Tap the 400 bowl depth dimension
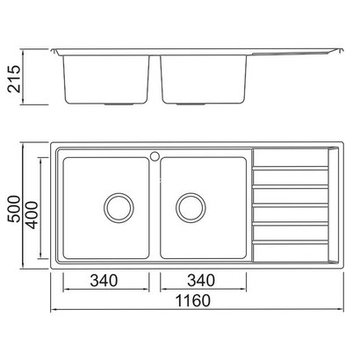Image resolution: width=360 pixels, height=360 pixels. click(x=32, y=208)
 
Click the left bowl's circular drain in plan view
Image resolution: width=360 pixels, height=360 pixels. click(x=117, y=207)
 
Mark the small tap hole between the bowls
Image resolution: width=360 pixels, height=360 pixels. click(x=154, y=159)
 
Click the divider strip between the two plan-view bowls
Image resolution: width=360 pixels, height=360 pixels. click(x=155, y=211)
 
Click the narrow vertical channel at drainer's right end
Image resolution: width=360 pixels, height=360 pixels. click(x=332, y=207)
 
